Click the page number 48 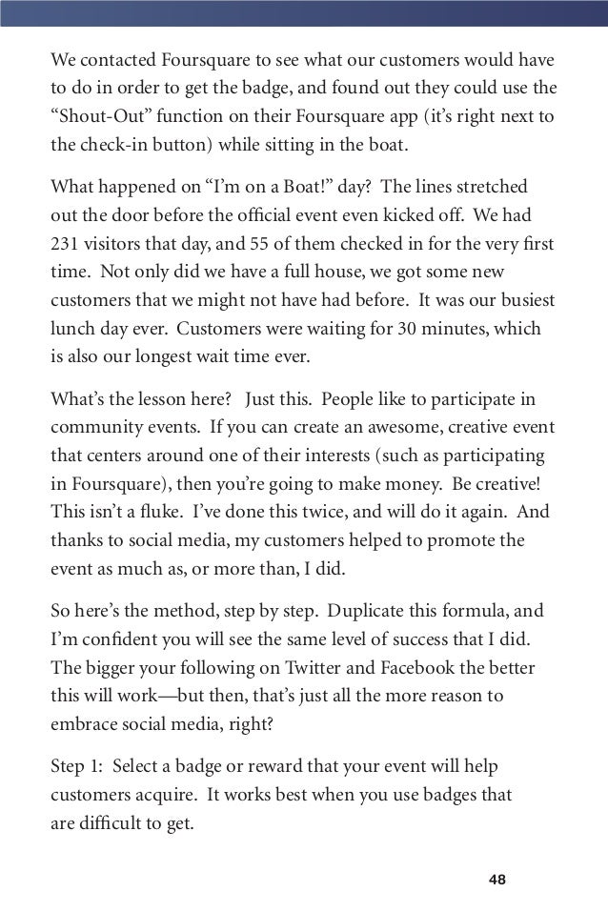point(497,878)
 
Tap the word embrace point(81,723)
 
